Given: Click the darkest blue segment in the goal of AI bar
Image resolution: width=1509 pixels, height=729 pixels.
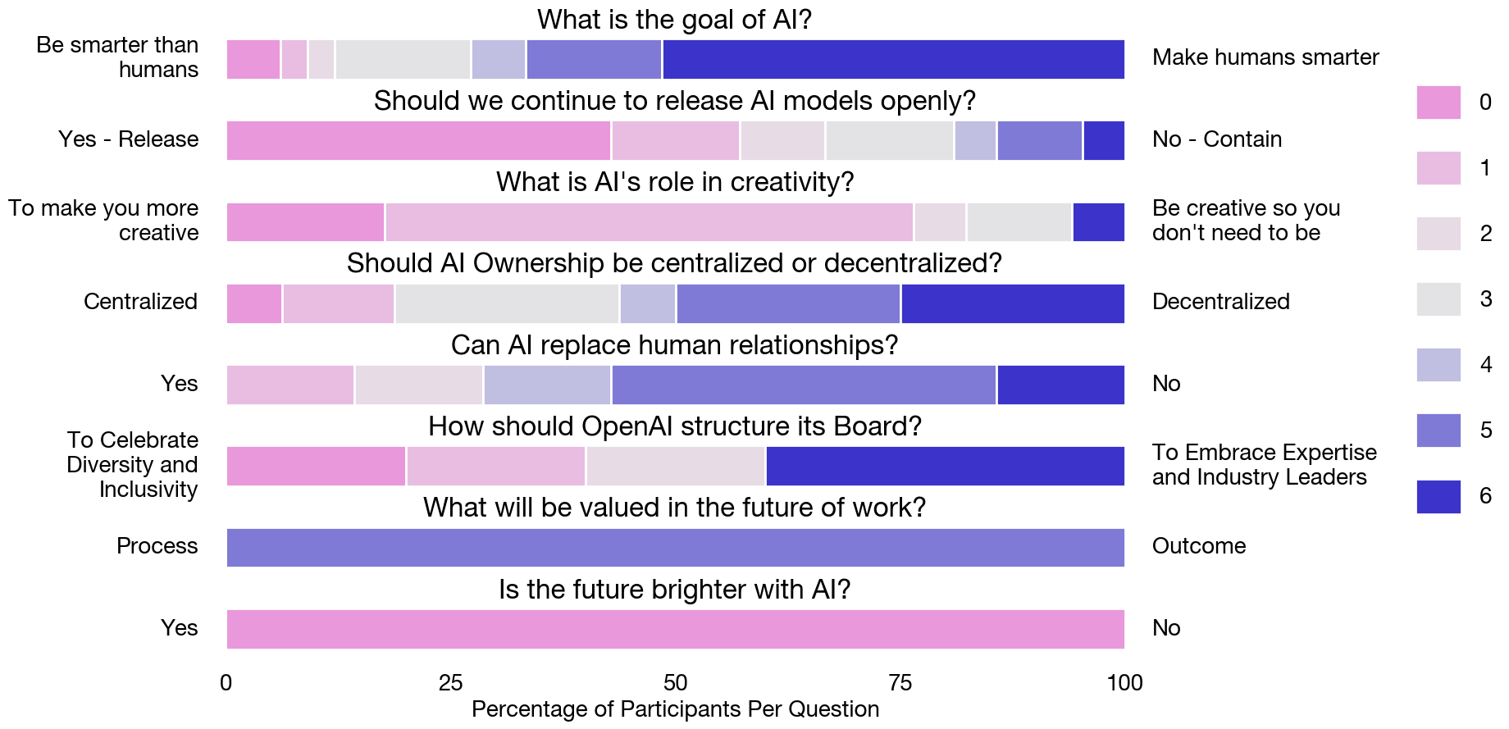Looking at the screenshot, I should tap(893, 59).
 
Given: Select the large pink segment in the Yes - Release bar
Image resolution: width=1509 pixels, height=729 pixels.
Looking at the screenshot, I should tap(418, 140).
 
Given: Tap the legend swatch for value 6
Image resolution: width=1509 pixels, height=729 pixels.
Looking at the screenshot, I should tap(1438, 496).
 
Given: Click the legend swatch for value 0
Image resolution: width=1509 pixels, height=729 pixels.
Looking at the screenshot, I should tap(1438, 103).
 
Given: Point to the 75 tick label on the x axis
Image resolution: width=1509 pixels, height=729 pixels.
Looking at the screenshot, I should tap(900, 682).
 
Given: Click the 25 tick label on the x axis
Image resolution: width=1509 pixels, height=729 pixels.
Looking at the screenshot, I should tap(450, 682).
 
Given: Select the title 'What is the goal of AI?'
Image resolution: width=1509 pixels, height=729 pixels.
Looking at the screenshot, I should tap(674, 19).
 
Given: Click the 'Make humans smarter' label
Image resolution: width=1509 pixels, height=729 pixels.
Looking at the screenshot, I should tap(1265, 57).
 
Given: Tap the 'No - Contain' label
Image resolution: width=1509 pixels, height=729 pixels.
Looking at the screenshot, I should tap(1216, 139).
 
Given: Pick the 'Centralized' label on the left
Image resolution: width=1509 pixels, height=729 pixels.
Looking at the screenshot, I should tap(140, 302).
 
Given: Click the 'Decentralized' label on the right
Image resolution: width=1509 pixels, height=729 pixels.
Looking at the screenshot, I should tap(1220, 302).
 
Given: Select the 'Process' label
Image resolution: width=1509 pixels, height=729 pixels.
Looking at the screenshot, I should tap(157, 546).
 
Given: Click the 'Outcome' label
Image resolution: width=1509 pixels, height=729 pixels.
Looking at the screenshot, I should tap(1198, 546).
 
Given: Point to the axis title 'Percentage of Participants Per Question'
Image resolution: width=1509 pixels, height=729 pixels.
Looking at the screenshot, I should tap(675, 709).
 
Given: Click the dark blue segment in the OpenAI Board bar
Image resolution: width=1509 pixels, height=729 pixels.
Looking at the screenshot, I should tap(945, 466).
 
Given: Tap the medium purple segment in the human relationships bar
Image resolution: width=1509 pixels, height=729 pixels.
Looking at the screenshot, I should tap(803, 385).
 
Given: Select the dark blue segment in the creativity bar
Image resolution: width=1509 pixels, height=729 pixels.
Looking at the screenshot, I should tap(1098, 222).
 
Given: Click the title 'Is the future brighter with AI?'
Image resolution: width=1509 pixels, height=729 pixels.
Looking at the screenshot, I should tap(674, 589).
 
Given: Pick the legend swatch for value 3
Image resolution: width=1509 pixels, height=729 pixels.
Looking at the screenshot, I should tap(1438, 299).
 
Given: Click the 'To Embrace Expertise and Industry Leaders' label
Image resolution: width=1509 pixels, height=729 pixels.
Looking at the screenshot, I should tap(1263, 465).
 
